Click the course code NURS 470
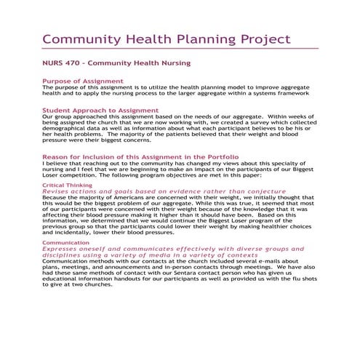tap(58, 63)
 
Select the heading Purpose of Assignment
tap(82, 81)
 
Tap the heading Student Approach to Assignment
tap(100, 111)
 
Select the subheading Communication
tap(65, 242)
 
